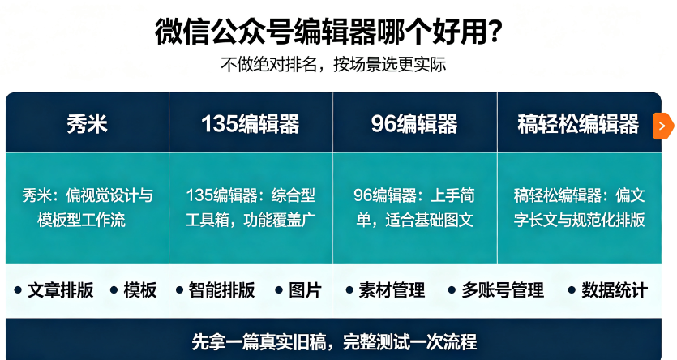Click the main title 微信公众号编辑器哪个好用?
click(328, 31)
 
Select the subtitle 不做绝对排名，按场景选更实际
click(333, 65)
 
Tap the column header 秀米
click(87, 124)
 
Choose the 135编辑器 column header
click(251, 124)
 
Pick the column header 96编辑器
click(414, 124)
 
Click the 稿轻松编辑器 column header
click(578, 124)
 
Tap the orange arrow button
click(662, 126)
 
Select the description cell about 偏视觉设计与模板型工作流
click(88, 208)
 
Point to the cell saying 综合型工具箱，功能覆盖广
click(251, 208)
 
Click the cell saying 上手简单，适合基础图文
click(414, 208)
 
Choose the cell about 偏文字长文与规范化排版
click(579, 208)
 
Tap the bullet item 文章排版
click(54, 290)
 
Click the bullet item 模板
click(134, 290)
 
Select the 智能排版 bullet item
click(216, 290)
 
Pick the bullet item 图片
click(298, 290)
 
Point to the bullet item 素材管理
click(386, 290)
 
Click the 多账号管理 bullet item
click(496, 290)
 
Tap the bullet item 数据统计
click(608, 290)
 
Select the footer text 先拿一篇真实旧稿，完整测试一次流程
click(334, 342)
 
